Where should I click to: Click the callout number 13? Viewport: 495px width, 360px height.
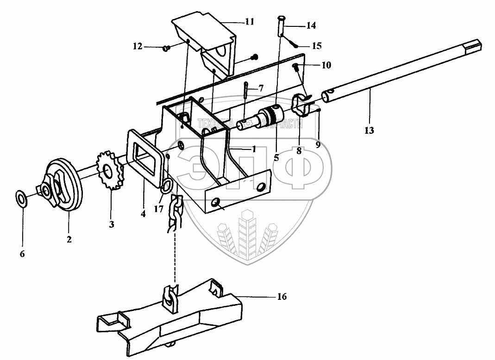(369, 131)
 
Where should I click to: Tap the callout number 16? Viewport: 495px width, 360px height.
(282, 297)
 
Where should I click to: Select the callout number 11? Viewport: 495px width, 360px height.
(250, 21)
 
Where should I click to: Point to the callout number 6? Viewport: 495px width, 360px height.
(22, 254)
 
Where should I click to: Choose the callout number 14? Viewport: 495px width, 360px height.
(311, 26)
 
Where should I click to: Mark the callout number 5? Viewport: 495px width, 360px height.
(276, 157)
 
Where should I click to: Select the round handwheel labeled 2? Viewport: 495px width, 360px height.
(65, 185)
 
